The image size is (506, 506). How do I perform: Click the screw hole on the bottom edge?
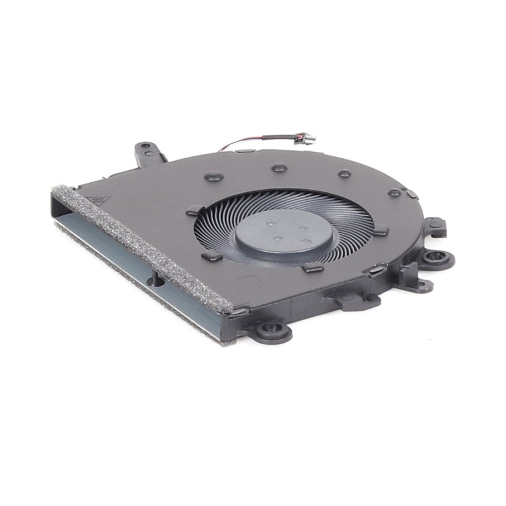272,330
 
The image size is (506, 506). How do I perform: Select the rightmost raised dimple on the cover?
394,192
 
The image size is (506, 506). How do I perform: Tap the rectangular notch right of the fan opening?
381,231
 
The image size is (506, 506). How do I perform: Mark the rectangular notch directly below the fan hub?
311,268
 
